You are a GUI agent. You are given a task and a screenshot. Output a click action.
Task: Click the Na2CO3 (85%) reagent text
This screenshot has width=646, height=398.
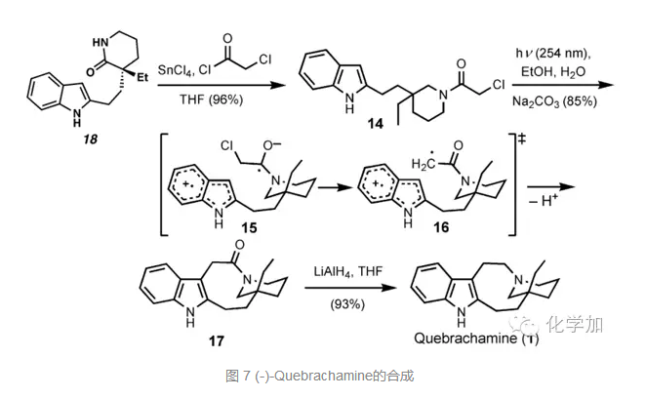coord(557,99)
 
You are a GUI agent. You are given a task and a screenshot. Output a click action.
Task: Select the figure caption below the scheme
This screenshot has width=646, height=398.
coord(323,376)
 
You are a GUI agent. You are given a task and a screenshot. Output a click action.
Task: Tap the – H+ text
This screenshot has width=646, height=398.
coord(548,206)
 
